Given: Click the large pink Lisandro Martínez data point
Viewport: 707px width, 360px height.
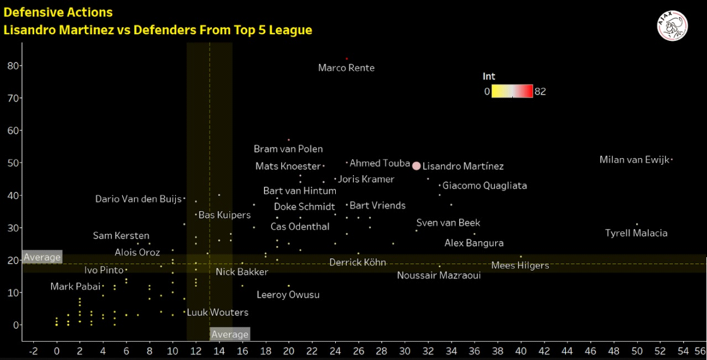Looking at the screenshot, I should click(x=417, y=166).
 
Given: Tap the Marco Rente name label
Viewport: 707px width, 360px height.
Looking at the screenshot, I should click(x=346, y=68).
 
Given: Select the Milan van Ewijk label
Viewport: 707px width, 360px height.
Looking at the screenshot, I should click(x=634, y=160).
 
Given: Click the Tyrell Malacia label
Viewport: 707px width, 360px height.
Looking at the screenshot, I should click(x=636, y=233).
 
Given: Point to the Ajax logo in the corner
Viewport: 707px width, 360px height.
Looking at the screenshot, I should click(x=672, y=25).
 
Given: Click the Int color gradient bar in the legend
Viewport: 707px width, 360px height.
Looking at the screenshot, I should click(x=512, y=91).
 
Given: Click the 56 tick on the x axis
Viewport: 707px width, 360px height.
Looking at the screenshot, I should click(x=700, y=351).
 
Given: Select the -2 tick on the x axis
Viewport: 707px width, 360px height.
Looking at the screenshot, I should click(x=33, y=351).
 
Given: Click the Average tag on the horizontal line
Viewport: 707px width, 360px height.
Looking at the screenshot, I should click(x=42, y=257).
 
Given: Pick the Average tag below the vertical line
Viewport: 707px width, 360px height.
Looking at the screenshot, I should click(x=230, y=334).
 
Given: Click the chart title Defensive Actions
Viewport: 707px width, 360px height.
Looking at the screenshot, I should click(x=58, y=12).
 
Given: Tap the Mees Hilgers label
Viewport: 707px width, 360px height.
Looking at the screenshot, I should click(x=520, y=265).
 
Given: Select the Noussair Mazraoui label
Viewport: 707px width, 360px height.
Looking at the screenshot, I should click(x=439, y=275).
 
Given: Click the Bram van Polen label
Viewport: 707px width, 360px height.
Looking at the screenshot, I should click(x=288, y=149).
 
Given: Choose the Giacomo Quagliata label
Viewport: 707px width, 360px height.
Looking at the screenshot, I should click(x=485, y=186).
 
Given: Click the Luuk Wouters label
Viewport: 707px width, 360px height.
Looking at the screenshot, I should click(x=217, y=312).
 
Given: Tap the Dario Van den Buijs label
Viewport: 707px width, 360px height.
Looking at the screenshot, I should click(x=138, y=199).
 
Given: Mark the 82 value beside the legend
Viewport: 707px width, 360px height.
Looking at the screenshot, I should click(x=540, y=91).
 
